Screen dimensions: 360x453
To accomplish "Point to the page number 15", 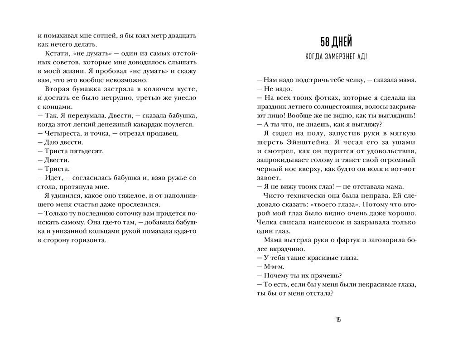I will [338, 320].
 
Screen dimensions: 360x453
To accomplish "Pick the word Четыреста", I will [62, 133].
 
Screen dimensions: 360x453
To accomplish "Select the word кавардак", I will [138, 124].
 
